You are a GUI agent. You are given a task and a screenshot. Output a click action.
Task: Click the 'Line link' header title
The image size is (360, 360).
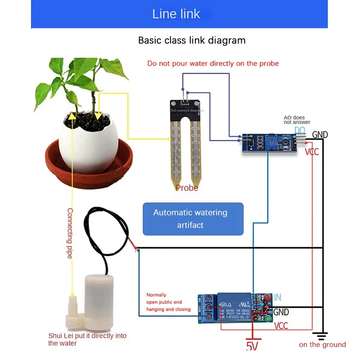point(176,14)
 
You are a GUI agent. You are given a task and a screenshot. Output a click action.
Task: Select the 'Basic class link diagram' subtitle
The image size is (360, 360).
point(192,40)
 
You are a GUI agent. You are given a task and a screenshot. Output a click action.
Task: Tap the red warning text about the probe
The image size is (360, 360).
point(213,63)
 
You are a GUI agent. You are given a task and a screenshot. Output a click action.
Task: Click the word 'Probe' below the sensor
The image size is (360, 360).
point(186,188)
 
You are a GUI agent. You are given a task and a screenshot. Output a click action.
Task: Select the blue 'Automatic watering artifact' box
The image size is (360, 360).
point(193,219)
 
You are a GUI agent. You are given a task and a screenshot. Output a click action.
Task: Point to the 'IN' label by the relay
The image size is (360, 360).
point(277,297)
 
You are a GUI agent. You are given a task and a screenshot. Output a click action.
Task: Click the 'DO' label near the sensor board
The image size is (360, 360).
point(300,130)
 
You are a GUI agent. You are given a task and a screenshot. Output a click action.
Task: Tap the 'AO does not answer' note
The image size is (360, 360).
point(297,120)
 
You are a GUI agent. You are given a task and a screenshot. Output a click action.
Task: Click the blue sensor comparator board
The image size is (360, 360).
point(269,143)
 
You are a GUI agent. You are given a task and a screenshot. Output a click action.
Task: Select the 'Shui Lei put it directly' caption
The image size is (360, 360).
point(87,339)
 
